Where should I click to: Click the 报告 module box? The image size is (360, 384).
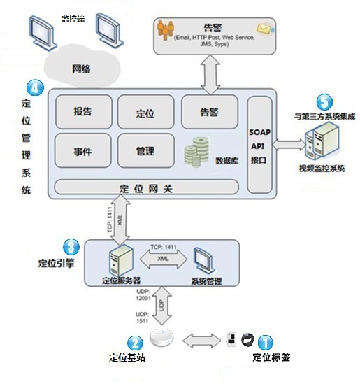click(x=84, y=112)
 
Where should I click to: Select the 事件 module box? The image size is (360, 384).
click(x=83, y=150)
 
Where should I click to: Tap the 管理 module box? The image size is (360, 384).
click(x=146, y=150)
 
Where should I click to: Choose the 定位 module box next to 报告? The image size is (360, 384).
click(x=146, y=112)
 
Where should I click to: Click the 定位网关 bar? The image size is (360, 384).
click(x=146, y=187)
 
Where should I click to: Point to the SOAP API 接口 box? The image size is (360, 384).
click(x=259, y=145)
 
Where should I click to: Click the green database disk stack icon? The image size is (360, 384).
click(x=196, y=152)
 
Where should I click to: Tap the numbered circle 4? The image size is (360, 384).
click(x=35, y=87)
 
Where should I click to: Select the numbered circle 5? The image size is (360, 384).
click(x=324, y=102)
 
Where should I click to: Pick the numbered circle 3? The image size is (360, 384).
click(x=71, y=247)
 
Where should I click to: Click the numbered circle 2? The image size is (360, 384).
click(x=135, y=343)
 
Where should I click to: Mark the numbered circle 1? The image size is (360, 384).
click(x=266, y=342)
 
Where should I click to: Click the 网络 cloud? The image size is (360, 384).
click(x=82, y=66)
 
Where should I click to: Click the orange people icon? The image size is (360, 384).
click(x=166, y=29)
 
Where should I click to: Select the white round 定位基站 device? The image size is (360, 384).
click(x=161, y=338)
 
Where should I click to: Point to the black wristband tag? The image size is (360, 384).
click(x=247, y=340)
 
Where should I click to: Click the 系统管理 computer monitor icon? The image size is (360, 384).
click(x=204, y=261)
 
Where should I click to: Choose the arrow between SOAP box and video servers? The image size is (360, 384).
click(x=289, y=145)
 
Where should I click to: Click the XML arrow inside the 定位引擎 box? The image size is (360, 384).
click(x=164, y=259)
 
